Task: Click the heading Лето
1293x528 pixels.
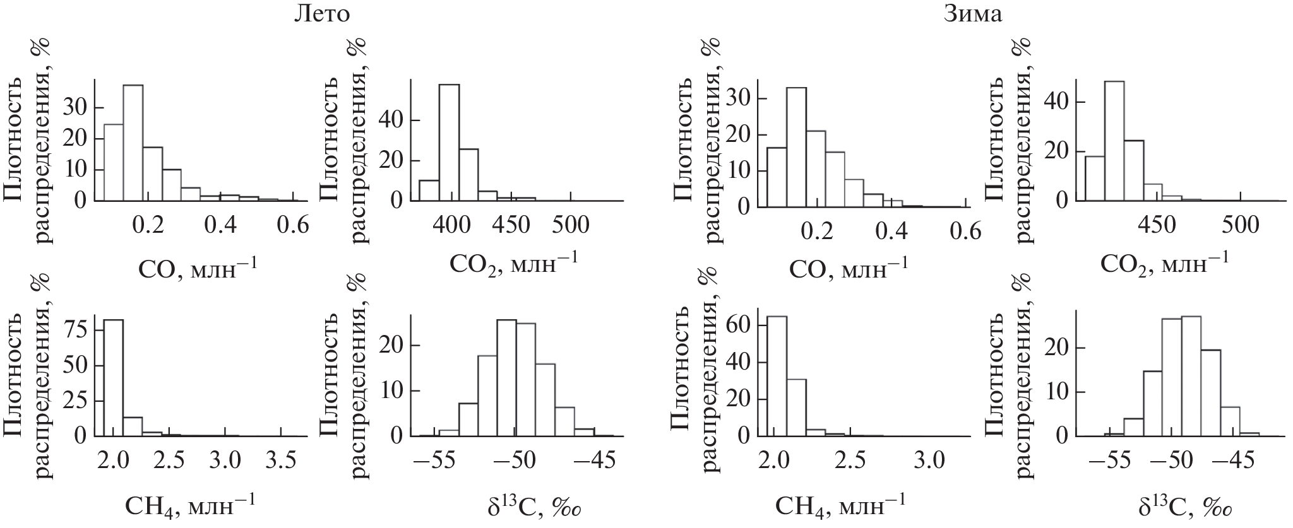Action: pyautogui.click(x=321, y=13)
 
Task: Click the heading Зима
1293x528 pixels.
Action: pyautogui.click(x=972, y=13)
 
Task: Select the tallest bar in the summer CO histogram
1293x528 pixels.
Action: pyautogui.click(x=133, y=143)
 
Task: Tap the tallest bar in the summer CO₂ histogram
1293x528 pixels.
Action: pyautogui.click(x=449, y=143)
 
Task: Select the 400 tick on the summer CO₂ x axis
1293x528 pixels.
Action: pyautogui.click(x=449, y=225)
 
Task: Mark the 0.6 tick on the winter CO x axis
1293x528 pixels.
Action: pyautogui.click(x=964, y=232)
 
